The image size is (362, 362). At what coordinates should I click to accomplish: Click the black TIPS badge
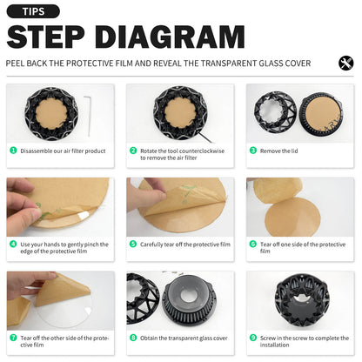click(33, 11)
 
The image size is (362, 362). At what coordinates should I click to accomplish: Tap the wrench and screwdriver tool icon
click(345, 63)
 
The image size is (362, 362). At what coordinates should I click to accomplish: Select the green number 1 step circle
click(13, 151)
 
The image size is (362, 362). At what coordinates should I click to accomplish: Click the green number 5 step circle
click(133, 244)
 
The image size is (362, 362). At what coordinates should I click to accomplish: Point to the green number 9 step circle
click(253, 338)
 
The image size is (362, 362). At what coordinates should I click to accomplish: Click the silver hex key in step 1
click(88, 116)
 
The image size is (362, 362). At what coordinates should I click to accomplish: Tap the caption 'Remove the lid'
click(278, 151)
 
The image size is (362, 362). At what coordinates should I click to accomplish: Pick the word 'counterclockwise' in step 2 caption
click(203, 151)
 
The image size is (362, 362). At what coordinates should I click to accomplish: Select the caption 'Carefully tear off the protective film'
click(185, 245)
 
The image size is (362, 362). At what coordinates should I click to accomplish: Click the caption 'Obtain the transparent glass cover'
click(184, 339)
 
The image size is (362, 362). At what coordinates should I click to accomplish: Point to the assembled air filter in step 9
click(302, 304)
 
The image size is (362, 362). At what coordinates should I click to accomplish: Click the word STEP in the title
click(45, 37)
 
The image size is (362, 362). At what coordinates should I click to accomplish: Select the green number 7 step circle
click(13, 338)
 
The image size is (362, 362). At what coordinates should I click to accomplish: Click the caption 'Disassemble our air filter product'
click(63, 151)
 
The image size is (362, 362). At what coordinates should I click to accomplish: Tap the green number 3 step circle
click(253, 151)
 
